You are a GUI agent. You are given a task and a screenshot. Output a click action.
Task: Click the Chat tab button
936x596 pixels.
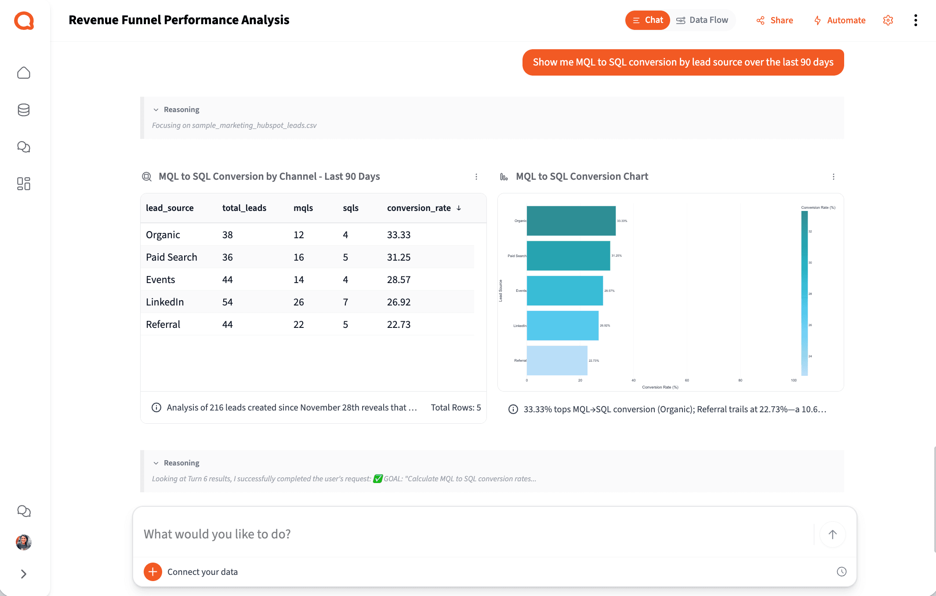coord(647,20)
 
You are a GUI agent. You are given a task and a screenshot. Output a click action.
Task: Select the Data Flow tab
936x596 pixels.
coord(702,20)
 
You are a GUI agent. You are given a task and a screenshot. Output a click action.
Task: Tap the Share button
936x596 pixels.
coord(775,20)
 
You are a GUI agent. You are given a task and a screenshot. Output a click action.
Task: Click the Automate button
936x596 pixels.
coord(840,20)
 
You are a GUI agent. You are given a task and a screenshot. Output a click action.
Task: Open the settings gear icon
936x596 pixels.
coord(888,20)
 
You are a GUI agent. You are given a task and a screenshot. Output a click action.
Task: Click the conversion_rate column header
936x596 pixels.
coord(419,208)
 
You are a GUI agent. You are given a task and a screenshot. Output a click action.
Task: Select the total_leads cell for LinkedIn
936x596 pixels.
coord(227,302)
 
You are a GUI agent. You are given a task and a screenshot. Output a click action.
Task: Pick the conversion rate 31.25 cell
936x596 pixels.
coord(399,257)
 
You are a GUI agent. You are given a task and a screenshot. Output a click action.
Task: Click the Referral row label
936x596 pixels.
coord(163,324)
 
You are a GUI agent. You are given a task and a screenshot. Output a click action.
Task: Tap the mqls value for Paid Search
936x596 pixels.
coord(298,257)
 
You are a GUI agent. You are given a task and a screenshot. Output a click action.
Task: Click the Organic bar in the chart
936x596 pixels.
coord(571,221)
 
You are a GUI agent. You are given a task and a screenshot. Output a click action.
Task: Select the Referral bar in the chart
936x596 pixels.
coord(557,360)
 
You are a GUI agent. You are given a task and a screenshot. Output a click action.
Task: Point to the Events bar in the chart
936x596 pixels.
coord(565,291)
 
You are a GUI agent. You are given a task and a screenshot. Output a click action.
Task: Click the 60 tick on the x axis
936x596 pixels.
coord(687,380)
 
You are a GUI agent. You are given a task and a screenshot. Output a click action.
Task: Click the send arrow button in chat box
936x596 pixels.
coord(832,534)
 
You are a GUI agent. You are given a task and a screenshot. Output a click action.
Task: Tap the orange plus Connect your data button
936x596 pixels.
coord(153,572)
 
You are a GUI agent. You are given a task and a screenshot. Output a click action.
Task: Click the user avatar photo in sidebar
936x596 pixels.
coord(24,542)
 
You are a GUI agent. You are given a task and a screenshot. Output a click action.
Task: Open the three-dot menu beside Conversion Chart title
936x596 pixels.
coord(833,177)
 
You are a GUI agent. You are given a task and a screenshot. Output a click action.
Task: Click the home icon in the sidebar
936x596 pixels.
coord(24,73)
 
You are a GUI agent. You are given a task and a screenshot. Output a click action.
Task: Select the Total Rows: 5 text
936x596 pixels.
coord(456,407)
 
